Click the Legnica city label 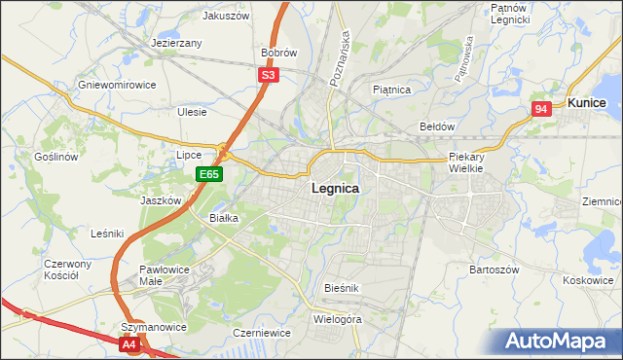click(335, 189)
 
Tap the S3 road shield click(269, 74)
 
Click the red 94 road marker click(542, 110)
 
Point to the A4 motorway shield click(130, 344)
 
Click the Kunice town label click(587, 102)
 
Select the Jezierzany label click(176, 44)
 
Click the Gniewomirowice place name click(117, 85)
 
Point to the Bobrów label click(278, 53)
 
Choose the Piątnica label click(392, 90)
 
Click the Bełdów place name click(437, 126)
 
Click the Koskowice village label click(587, 280)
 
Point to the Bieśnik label click(343, 288)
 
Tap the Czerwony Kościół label click(67, 270)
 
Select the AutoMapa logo click(556, 342)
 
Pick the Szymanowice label click(153, 327)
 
